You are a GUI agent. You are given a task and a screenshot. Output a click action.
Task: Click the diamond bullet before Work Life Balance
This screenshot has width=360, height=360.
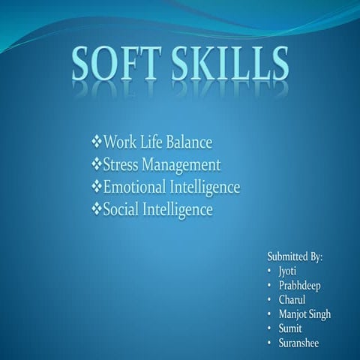[x=95, y=142]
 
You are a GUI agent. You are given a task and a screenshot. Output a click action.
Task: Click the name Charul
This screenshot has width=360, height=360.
[x=292, y=300]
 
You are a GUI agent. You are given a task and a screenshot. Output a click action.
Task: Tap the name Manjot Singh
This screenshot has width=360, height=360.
[x=304, y=314]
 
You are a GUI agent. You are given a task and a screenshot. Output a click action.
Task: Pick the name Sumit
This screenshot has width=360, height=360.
[x=289, y=328]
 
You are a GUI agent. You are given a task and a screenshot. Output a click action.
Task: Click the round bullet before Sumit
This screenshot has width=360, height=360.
[x=269, y=328]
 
